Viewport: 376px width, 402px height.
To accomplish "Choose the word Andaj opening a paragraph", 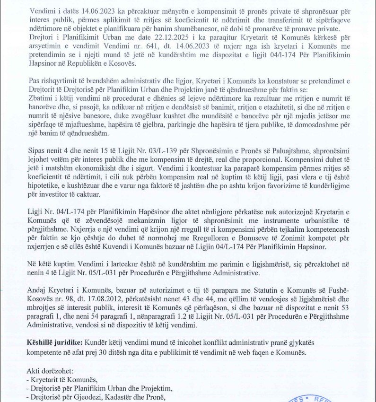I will (37, 289).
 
